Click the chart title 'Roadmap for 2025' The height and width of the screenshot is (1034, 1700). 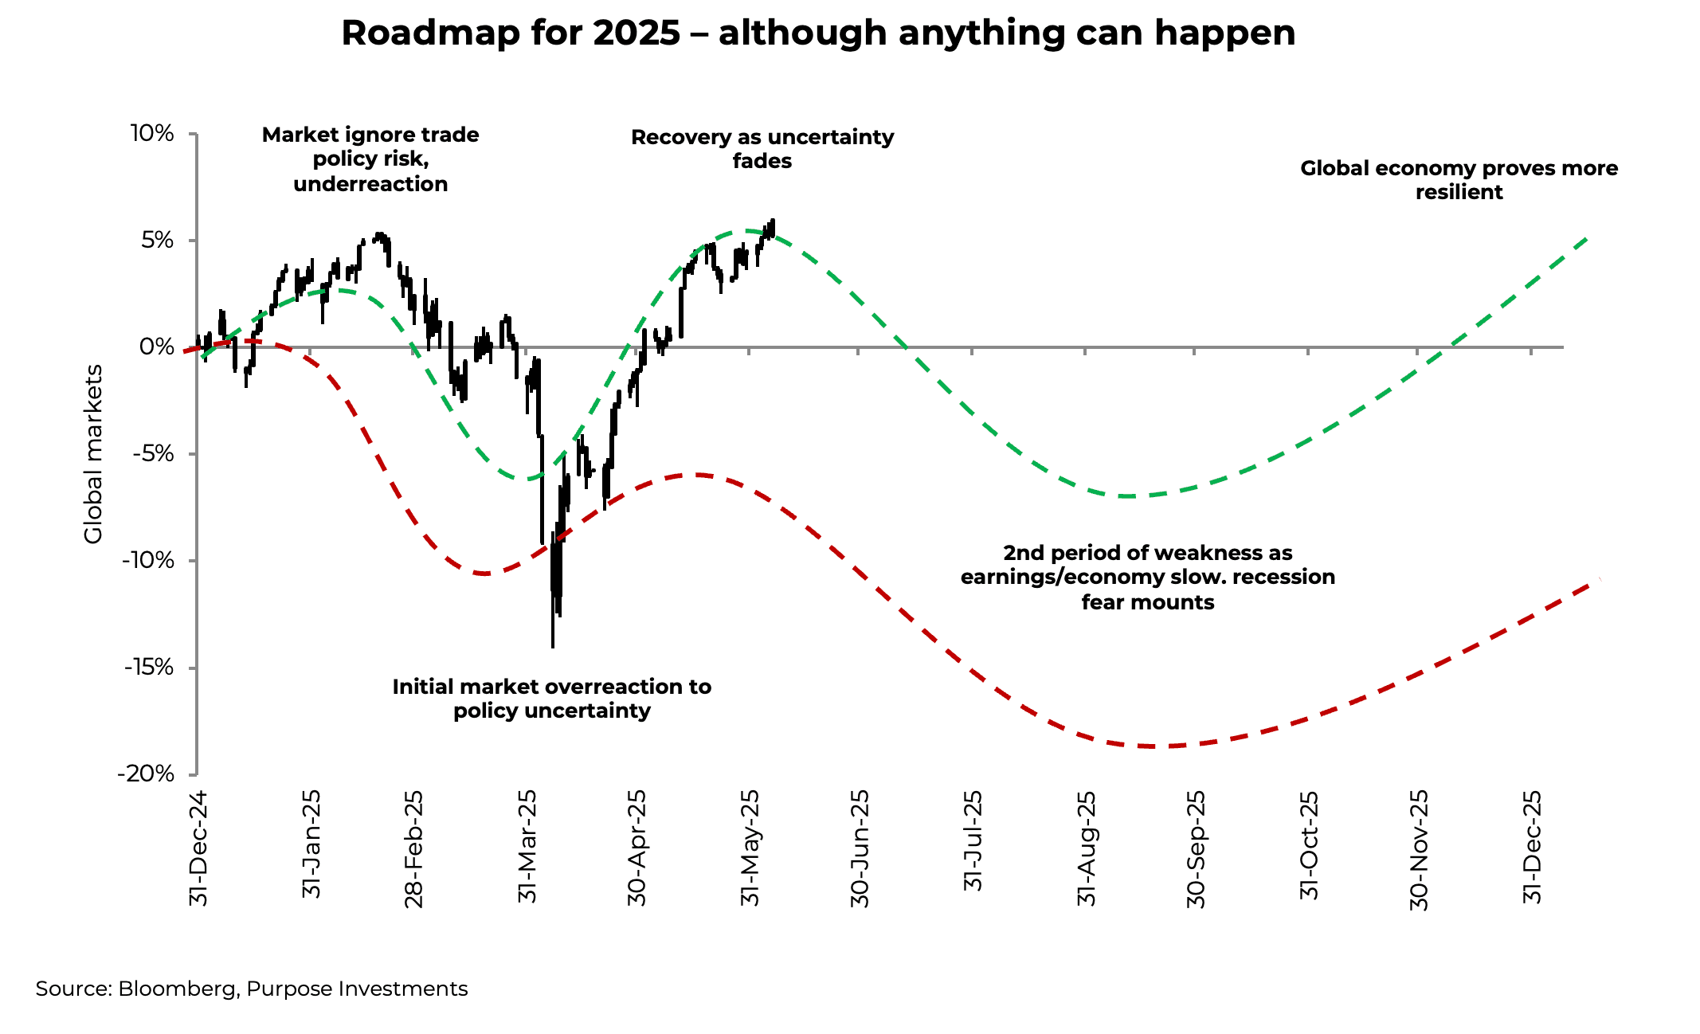(818, 33)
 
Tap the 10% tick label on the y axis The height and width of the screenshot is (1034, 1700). (151, 133)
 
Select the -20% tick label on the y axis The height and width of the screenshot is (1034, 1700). (147, 774)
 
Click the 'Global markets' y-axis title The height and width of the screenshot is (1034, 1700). (94, 454)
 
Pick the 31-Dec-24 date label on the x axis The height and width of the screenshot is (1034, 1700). (198, 848)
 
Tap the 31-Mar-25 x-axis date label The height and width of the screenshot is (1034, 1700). (527, 847)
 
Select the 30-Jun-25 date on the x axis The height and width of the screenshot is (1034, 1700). (860, 848)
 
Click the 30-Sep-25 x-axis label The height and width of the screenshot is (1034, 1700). (1196, 848)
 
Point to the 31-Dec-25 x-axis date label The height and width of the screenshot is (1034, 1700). (1532, 847)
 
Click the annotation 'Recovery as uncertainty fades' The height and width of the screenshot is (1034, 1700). (762, 149)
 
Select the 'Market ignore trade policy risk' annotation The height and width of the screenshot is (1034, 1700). (370, 159)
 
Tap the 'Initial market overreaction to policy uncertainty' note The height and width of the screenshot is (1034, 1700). (551, 698)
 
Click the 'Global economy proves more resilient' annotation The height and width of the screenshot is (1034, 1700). (1459, 180)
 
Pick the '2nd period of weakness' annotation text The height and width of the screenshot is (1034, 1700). (1147, 577)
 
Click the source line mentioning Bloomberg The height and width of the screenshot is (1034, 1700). (252, 989)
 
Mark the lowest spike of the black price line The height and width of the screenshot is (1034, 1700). (553, 645)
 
